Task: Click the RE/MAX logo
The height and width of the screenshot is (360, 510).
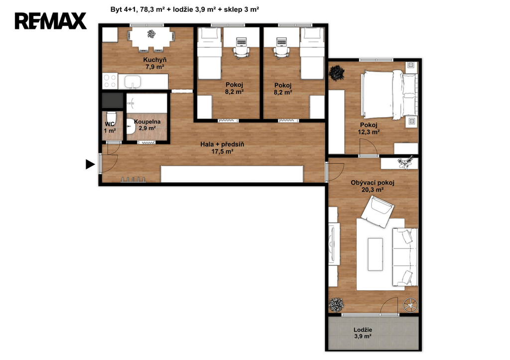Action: coord(51,21)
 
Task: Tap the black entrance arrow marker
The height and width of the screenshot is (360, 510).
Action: coord(90,164)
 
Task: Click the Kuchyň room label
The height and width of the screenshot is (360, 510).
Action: coord(155,60)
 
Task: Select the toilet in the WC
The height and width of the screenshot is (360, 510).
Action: coord(111,117)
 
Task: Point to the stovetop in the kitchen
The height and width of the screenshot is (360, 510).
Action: coord(110,81)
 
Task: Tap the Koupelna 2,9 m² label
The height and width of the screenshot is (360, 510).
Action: coord(147,125)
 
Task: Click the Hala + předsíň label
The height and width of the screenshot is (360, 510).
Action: coord(222,148)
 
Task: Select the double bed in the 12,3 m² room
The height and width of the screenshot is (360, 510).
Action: coord(388,95)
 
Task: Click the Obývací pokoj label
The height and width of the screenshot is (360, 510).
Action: coord(373,183)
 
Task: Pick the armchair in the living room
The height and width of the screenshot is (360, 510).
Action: coord(378,212)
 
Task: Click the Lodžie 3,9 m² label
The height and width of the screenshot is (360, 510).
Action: coord(363,333)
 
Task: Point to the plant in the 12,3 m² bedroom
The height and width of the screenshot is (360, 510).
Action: coord(336,73)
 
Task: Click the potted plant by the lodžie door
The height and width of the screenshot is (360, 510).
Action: coord(336,305)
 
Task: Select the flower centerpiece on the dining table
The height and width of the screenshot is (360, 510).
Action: coord(151,33)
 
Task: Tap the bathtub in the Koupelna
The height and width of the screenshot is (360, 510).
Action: coord(147,104)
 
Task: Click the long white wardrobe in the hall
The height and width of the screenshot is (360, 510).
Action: coord(232,174)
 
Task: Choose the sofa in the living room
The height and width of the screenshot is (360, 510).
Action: coord(405,257)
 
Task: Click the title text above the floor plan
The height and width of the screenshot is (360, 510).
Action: coord(185,9)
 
